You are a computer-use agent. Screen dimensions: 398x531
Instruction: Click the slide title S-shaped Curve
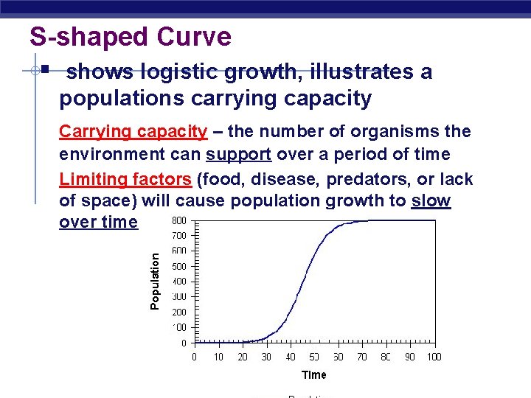coord(130,36)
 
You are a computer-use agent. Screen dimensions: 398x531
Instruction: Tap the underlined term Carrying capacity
coord(133,132)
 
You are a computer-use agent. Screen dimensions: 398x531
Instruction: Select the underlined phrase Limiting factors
coord(125,179)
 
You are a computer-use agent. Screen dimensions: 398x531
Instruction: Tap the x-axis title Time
coord(313,374)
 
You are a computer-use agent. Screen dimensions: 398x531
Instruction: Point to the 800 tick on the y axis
coord(180,220)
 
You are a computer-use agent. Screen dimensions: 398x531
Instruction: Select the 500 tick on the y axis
coord(180,266)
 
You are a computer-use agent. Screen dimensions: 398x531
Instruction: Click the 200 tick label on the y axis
coord(180,312)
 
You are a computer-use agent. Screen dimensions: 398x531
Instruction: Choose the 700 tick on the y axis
coord(180,236)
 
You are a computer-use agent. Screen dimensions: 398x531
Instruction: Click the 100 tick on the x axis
coord(434,357)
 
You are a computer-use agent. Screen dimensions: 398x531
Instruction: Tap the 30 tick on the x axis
coord(266,357)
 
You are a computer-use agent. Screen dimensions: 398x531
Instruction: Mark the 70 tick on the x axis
coord(362,357)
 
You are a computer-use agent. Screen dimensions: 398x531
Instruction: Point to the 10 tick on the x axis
coord(218,357)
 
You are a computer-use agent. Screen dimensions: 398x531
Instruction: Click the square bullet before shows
coord(45,71)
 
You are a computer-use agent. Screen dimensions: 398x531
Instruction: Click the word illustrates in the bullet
coord(351,72)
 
